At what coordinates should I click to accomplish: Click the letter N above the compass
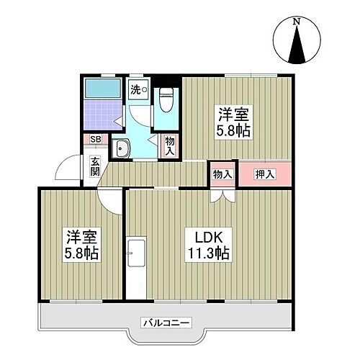point(296,22)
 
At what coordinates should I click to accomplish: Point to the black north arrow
point(296,48)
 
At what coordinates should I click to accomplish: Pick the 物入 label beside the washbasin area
point(169,146)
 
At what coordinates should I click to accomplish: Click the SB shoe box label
point(94,141)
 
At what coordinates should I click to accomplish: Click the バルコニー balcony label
point(166,321)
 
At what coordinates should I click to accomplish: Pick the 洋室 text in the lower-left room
point(81,237)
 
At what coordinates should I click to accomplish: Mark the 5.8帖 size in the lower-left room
point(81,253)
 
